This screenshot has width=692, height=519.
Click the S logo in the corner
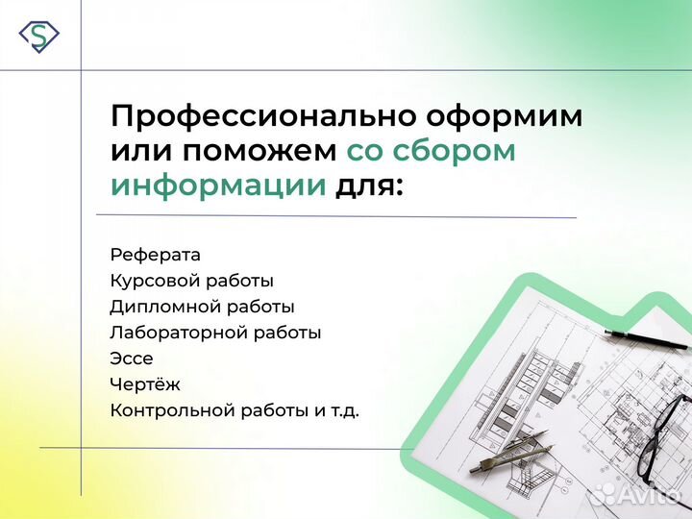point(38,36)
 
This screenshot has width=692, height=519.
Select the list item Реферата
point(156,255)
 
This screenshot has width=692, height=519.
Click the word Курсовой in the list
point(147,281)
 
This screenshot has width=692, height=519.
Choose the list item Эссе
point(132,358)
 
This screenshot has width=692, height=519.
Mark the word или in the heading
point(140,152)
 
